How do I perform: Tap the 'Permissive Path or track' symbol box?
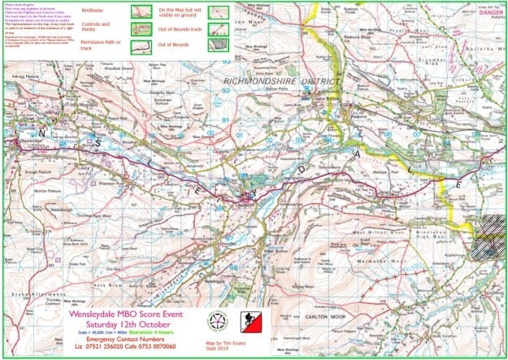(x=143, y=46)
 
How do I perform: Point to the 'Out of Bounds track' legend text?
(x=183, y=30)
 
